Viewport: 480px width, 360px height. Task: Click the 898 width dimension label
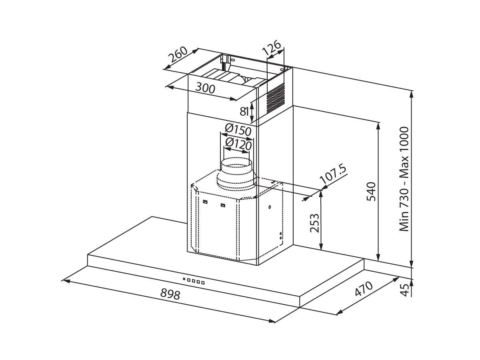click(x=170, y=294)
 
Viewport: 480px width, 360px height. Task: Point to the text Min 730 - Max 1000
click(x=404, y=179)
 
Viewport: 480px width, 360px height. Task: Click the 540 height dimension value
click(x=371, y=192)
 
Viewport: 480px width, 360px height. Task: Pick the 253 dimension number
click(x=315, y=223)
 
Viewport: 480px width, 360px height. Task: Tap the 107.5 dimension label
click(x=333, y=175)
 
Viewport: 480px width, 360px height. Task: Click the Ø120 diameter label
click(x=238, y=144)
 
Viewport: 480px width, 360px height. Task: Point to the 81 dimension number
click(x=244, y=112)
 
